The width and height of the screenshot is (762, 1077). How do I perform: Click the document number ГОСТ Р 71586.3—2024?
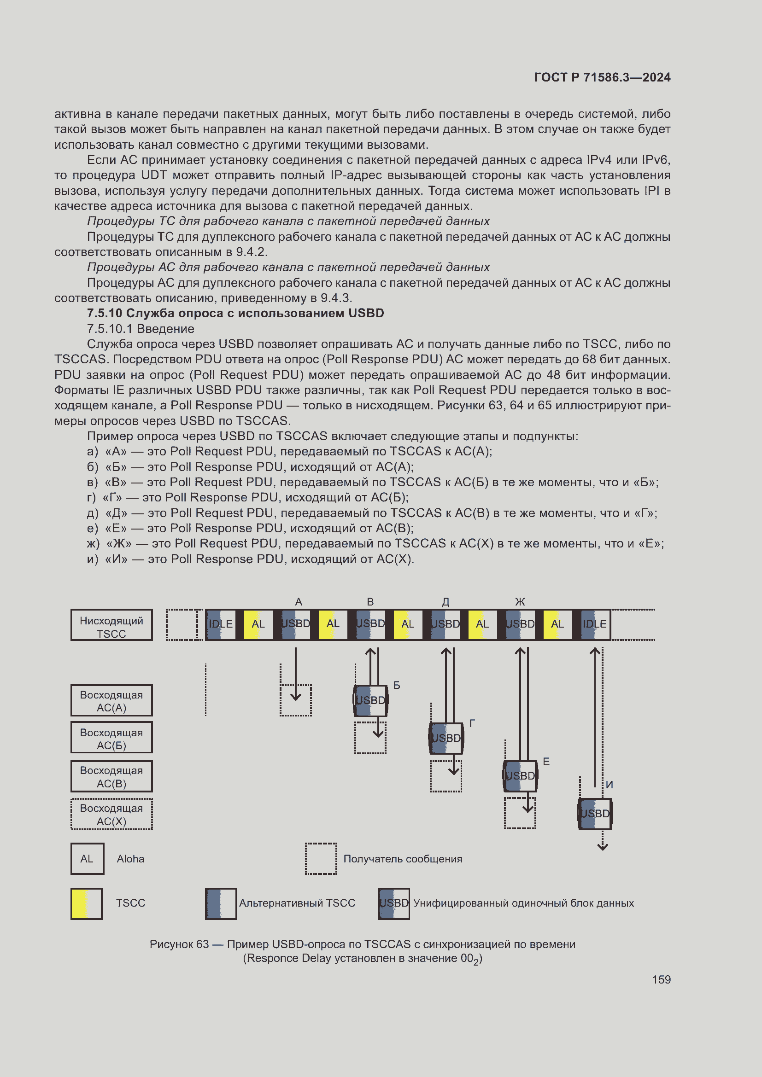pos(602,77)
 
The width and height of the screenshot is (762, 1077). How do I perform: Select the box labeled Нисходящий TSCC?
pos(111,625)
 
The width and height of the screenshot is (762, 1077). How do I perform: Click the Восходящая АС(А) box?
pos(111,700)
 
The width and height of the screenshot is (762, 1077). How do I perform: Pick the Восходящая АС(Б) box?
pos(111,738)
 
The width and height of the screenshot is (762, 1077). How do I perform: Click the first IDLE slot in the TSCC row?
pos(221,624)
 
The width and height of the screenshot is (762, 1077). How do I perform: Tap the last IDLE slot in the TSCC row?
pos(594,624)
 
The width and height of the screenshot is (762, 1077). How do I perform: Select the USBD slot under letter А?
pos(296,624)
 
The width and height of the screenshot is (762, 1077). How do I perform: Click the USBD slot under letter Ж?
pos(520,624)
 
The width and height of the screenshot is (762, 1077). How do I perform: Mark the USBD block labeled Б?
pos(370,700)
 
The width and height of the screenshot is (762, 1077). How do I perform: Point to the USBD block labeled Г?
pos(446,738)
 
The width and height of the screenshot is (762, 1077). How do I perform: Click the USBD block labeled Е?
pos(520,776)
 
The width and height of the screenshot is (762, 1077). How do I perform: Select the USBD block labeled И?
pos(595,813)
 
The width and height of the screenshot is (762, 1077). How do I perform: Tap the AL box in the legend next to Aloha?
pos(87,858)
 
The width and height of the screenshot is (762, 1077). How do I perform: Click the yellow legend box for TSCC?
pos(86,903)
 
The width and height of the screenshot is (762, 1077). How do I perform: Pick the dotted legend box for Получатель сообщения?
pos(321,858)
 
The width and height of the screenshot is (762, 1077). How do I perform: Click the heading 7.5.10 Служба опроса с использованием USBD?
pos(235,314)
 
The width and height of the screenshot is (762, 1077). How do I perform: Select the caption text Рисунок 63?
pos(179,944)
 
